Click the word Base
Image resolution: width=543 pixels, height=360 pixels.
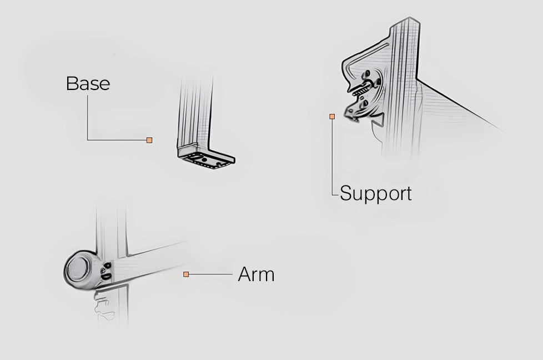(x=88, y=83)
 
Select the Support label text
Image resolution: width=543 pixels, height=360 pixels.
(x=376, y=193)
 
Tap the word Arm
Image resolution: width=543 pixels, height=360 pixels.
(x=257, y=274)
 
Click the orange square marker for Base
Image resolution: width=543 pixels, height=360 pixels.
(x=149, y=140)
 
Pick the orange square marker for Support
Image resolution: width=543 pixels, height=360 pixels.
(x=332, y=117)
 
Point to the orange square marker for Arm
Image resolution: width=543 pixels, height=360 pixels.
(x=186, y=274)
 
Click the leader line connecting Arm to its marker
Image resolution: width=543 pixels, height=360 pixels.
(x=210, y=274)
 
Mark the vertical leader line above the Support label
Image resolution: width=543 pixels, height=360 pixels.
(x=332, y=157)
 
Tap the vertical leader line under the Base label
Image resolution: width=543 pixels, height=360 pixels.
(x=87, y=117)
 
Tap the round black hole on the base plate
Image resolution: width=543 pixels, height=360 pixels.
(x=205, y=160)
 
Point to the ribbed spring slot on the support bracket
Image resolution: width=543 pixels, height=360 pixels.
(x=361, y=89)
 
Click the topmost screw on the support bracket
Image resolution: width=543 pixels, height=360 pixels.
(x=367, y=73)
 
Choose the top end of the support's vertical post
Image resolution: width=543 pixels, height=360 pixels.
(x=410, y=17)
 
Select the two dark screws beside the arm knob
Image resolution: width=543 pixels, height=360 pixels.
(x=106, y=271)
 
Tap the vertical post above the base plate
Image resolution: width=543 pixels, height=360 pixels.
(x=195, y=111)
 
